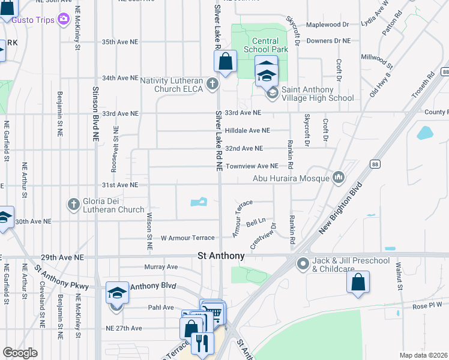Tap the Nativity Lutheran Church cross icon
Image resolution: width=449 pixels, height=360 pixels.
[212, 84]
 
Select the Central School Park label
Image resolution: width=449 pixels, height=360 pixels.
[265, 44]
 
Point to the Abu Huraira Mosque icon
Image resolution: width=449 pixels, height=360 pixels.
[339, 177]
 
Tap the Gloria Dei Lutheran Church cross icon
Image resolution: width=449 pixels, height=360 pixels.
[74, 205]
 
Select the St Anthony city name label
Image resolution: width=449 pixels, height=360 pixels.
[221, 256]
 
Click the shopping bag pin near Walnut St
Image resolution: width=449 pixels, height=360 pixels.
[358, 282]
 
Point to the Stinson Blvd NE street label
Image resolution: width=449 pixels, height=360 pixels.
[95, 113]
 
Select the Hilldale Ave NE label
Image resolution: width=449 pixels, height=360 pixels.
[247, 130]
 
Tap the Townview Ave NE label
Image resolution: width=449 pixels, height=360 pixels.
[252, 166]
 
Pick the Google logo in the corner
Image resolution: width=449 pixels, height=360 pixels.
[20, 353]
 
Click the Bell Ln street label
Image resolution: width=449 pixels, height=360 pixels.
[256, 222]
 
